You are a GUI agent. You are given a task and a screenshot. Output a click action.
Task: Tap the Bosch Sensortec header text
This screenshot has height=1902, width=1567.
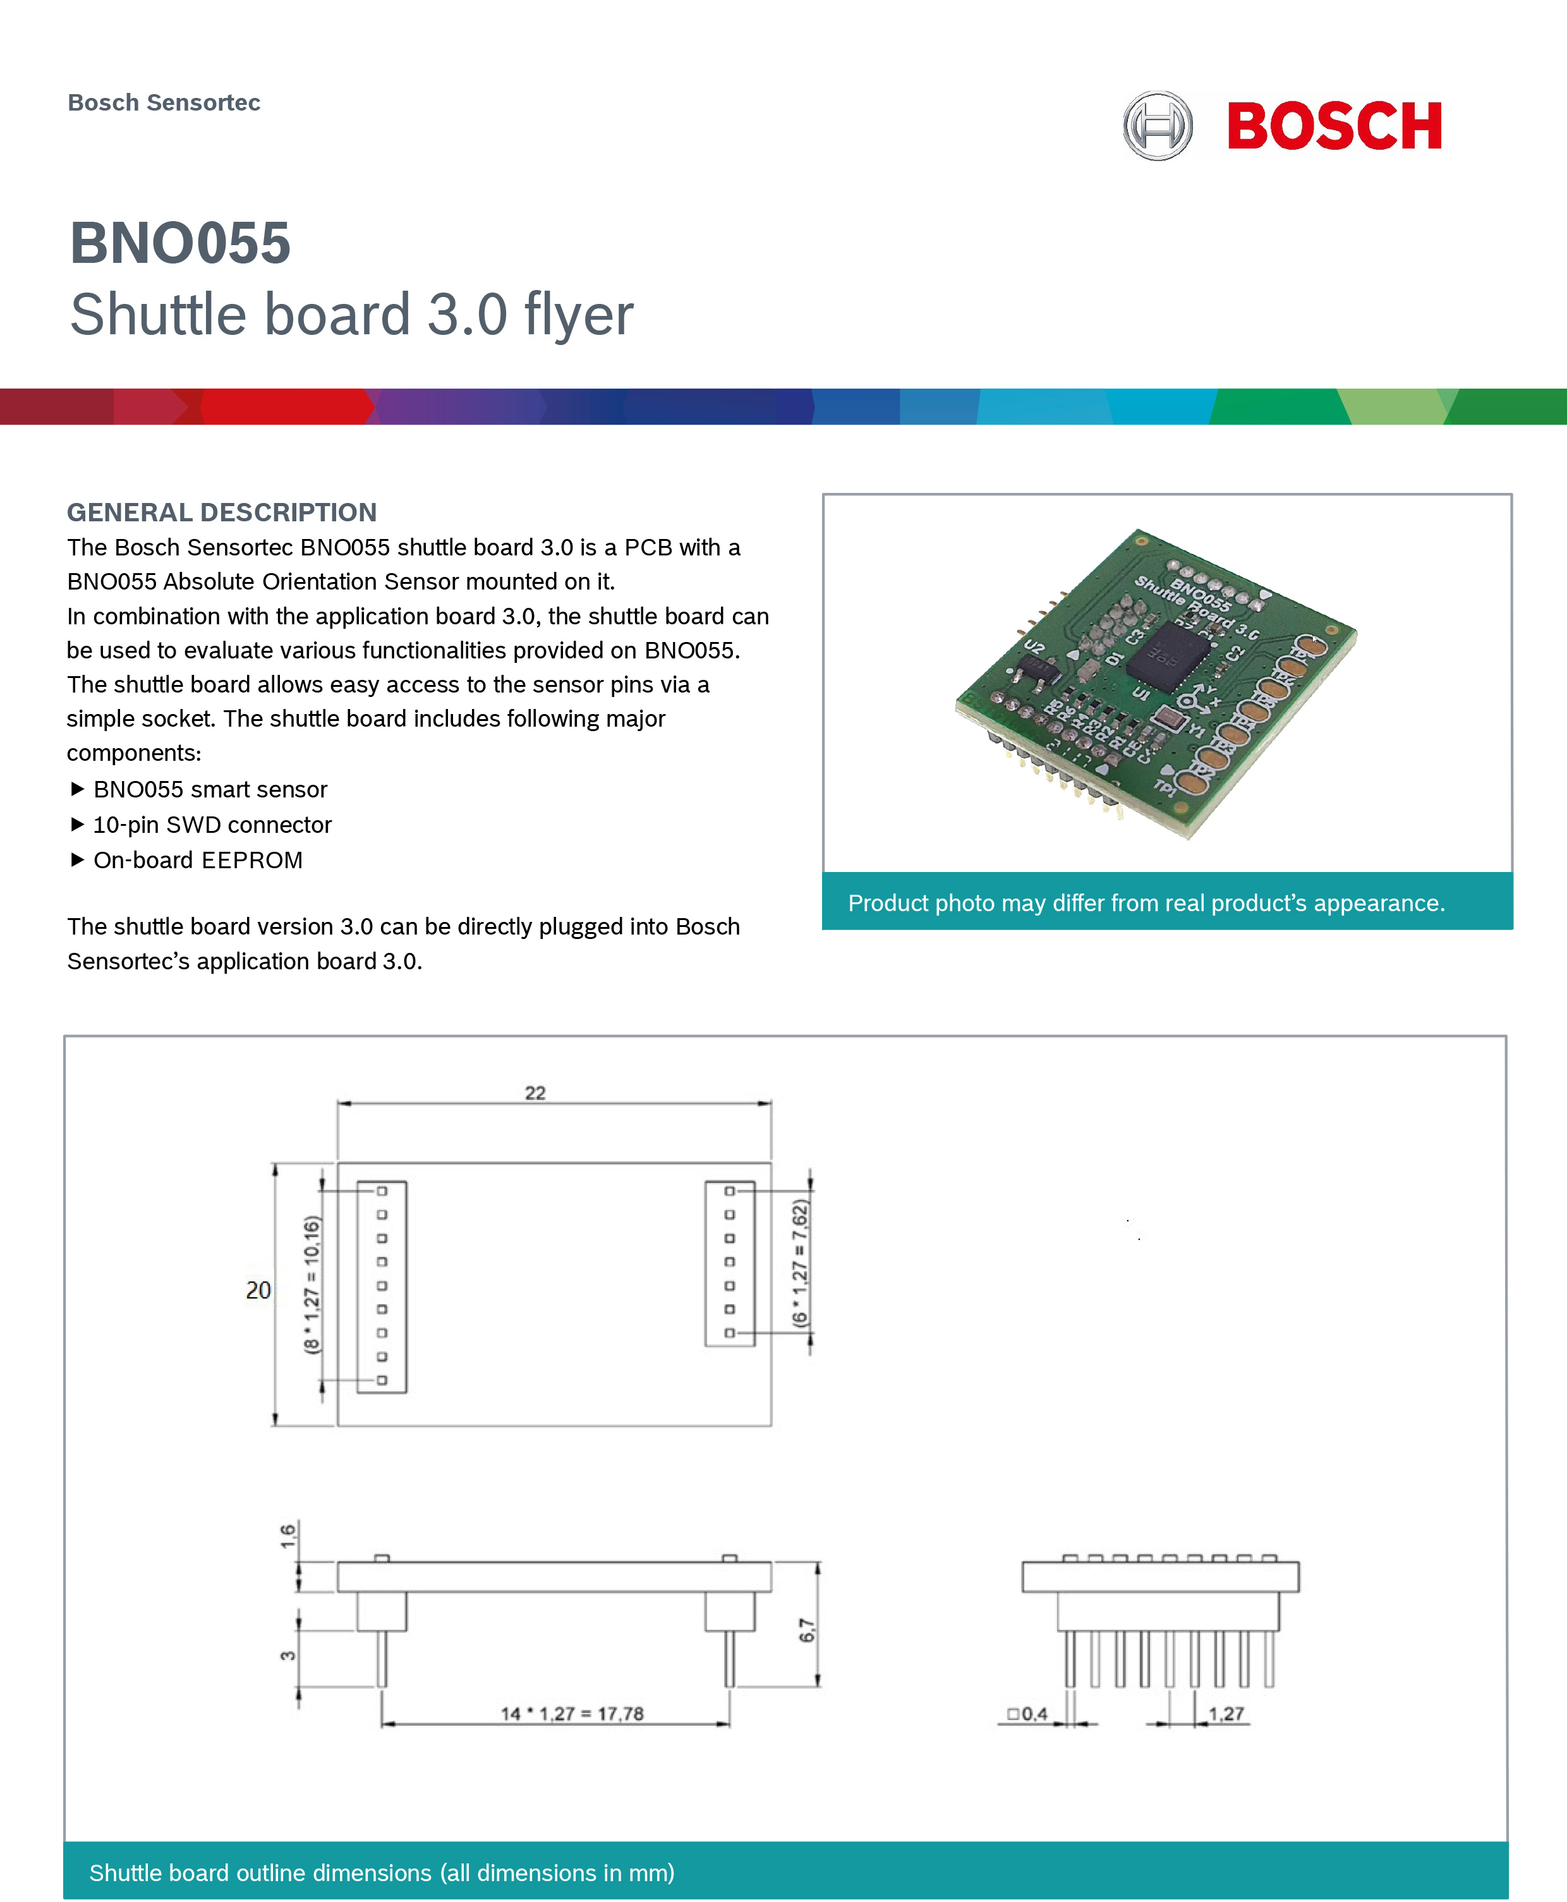tap(164, 103)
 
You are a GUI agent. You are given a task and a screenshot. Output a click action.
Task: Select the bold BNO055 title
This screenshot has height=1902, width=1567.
tap(181, 244)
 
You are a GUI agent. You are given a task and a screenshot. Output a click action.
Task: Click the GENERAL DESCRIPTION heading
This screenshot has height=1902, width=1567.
tap(221, 512)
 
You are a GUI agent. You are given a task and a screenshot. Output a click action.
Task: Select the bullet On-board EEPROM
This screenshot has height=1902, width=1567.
tap(198, 859)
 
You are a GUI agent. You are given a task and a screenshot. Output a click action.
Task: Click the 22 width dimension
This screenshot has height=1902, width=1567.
tap(535, 1093)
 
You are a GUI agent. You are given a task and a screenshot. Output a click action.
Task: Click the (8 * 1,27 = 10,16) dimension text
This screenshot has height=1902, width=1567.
tap(312, 1283)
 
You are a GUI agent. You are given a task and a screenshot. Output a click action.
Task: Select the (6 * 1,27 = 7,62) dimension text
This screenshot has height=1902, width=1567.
tap(800, 1262)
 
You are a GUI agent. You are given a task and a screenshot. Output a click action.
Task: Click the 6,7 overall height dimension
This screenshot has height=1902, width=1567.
tap(806, 1630)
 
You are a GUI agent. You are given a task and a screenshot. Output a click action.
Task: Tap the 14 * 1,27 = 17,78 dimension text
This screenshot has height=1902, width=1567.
tap(572, 1713)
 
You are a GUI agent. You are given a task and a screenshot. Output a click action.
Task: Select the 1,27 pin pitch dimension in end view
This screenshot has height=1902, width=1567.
tap(1226, 1713)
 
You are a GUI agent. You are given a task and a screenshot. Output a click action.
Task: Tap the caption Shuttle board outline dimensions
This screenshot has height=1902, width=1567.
tap(381, 1872)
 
